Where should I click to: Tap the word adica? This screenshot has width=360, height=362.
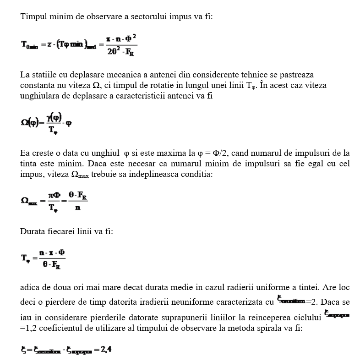point(30,288)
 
